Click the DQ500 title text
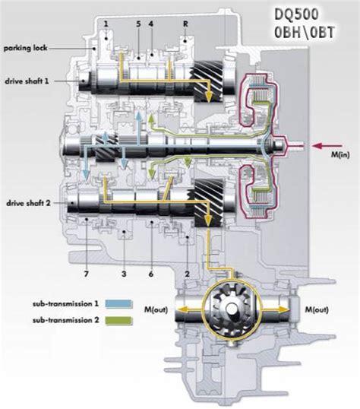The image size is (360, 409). (296, 14)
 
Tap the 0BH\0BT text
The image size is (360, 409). (305, 33)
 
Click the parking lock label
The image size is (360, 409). (26, 48)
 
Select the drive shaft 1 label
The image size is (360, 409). (27, 81)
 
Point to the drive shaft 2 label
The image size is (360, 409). (28, 203)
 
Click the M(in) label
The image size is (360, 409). (340, 154)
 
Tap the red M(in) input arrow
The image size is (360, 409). (327, 146)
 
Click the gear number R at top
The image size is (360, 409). (185, 24)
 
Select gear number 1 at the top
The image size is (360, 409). (106, 24)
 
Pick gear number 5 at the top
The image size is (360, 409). (138, 24)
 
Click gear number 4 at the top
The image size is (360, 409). (151, 24)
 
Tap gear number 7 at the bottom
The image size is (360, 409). (87, 274)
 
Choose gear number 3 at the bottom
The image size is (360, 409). (124, 274)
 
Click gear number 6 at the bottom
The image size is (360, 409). (151, 274)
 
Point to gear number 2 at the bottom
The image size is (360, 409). (187, 274)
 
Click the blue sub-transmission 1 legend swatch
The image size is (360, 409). (119, 304)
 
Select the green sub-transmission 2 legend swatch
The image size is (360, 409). (119, 320)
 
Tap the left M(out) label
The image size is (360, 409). (156, 309)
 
